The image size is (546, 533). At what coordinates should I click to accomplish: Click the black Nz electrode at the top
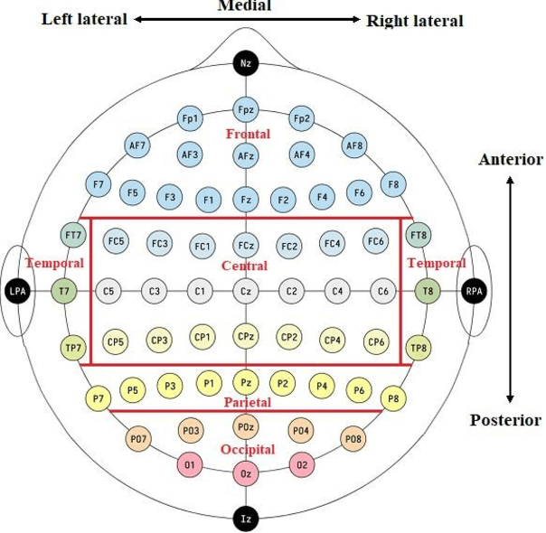coord(245,63)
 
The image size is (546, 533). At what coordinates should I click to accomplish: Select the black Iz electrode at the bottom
coord(245,519)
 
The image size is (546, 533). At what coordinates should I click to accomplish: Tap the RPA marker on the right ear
coord(473,291)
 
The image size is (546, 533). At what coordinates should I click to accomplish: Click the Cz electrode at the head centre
coord(245,291)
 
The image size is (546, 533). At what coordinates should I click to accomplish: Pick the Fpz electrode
coord(245,108)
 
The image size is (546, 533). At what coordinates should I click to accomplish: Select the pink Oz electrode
coord(245,472)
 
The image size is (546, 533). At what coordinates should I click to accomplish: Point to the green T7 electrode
coord(63,291)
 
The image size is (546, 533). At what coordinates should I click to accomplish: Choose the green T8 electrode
coord(428,291)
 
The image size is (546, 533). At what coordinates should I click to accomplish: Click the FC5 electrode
coord(116,242)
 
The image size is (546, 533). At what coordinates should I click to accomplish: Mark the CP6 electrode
coord(376,341)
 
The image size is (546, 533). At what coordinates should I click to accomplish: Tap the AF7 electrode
coord(138,145)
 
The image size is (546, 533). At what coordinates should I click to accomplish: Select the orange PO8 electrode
coord(353,438)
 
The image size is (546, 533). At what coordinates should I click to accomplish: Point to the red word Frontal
coord(248,134)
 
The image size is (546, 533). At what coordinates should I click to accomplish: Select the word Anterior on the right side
coord(511,160)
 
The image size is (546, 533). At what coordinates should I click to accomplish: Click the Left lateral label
coord(84,19)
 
